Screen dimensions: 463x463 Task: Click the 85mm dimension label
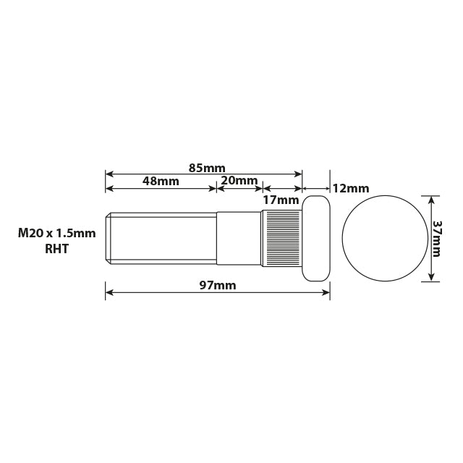(207, 168)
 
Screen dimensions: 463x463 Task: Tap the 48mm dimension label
(161, 181)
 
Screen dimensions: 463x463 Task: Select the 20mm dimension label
(239, 181)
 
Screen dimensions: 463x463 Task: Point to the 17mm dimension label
(281, 200)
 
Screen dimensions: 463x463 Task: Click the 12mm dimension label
(351, 188)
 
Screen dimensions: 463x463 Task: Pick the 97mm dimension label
(218, 286)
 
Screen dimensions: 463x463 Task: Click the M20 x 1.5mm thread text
(57, 233)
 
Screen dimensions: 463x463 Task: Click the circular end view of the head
(383, 238)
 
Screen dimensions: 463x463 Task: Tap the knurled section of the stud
(281, 238)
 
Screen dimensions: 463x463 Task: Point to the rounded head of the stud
(316, 238)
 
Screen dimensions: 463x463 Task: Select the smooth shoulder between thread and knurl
(238, 238)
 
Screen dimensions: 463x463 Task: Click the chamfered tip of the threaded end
(109, 238)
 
